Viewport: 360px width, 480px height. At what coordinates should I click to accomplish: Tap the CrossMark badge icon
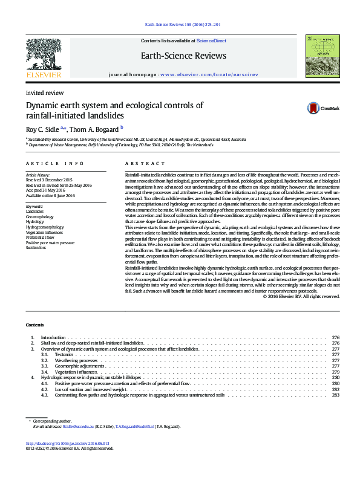coord(313,108)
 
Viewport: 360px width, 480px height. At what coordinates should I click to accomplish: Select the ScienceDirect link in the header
coord(211,41)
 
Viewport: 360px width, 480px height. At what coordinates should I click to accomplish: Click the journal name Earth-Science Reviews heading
coord(184,56)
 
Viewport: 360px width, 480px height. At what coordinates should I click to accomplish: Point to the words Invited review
coord(44,93)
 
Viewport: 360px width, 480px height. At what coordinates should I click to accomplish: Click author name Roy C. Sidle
coord(42,129)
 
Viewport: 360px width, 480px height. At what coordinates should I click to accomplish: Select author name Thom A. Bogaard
coord(94,129)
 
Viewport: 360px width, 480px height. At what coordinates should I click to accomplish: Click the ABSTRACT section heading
coord(145,164)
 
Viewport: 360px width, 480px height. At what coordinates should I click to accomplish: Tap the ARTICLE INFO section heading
coord(55,164)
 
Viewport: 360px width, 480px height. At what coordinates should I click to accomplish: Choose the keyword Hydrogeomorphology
coord(44,227)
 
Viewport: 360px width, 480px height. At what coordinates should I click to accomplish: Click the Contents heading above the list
coord(36,325)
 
